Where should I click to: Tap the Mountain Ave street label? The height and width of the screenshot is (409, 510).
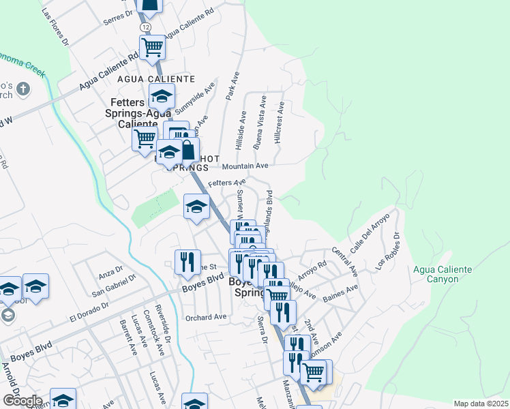[244, 166]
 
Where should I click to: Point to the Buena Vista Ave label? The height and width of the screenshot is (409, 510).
[258, 123]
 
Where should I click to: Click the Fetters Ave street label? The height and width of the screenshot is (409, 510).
[226, 183]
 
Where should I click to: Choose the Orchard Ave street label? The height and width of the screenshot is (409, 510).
[205, 318]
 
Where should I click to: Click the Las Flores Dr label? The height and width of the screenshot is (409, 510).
[55, 28]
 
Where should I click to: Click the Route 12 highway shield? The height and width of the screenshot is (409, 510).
[146, 26]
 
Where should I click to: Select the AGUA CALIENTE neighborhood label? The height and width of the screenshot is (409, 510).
[156, 80]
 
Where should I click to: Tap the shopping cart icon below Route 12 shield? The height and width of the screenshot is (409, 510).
[152, 48]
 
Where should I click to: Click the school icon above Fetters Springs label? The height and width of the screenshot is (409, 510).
[162, 96]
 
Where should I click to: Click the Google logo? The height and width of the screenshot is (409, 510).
[22, 401]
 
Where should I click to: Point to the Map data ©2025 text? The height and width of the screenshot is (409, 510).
[481, 404]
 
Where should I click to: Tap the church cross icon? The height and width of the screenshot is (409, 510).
[23, 89]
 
